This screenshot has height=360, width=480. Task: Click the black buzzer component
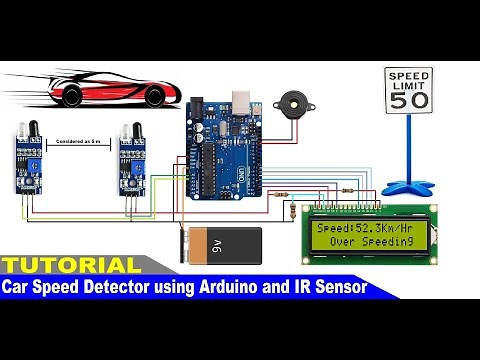point(293,104)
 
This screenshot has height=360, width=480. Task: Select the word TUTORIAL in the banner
point(70,266)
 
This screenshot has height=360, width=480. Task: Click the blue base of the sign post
point(410,186)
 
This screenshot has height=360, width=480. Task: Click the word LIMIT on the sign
point(409,86)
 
